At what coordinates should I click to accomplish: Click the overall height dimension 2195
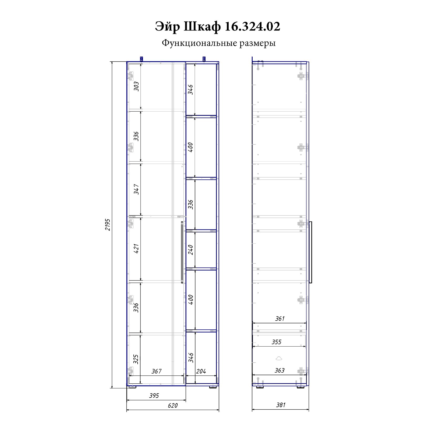[x=108, y=224]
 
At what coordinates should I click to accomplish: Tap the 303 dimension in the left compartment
[x=136, y=86]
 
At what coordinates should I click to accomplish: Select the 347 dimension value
[x=136, y=189]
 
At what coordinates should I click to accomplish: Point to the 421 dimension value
[x=136, y=249]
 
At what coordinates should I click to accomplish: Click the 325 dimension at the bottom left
[x=136, y=359]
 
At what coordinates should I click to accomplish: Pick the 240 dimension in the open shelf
[x=191, y=250]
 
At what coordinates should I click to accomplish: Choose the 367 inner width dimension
[x=156, y=371]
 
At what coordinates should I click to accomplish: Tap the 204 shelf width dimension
[x=201, y=371]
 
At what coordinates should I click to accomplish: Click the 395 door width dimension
[x=154, y=395]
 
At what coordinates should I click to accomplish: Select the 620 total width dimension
[x=173, y=405]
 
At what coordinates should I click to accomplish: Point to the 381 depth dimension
[x=281, y=405]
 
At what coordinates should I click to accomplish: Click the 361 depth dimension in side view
[x=280, y=319]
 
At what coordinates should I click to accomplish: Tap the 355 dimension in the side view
[x=277, y=342]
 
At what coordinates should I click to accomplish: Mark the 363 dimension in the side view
[x=279, y=370]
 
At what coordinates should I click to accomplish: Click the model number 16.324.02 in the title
[x=252, y=27]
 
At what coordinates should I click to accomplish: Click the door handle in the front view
[x=182, y=252]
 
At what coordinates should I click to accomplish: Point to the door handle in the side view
[x=310, y=252]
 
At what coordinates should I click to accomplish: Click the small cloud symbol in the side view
[x=279, y=358]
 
